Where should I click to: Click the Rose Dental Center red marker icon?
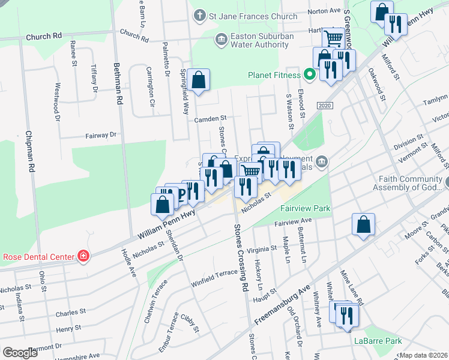[x=83, y=257]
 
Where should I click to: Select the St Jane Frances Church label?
[x=252, y=16]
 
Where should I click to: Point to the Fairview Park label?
[x=304, y=208]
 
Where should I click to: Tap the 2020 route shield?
[x=324, y=106]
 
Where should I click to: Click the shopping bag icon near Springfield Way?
[x=198, y=80]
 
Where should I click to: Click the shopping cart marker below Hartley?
[x=333, y=38]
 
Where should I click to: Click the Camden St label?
[x=209, y=119]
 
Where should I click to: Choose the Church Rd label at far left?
[x=44, y=37]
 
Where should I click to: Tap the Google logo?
[x=20, y=353]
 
